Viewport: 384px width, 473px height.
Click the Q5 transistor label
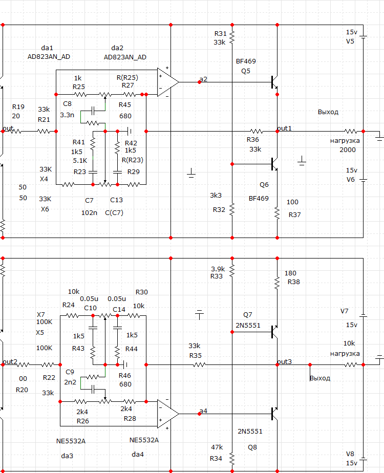pos(246,71)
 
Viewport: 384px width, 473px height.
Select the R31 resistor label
pos(220,33)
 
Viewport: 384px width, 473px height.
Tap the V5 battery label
pos(350,41)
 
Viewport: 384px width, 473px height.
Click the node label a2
pos(204,79)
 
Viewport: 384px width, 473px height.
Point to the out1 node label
pos(284,127)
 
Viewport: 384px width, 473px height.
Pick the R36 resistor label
pos(253,140)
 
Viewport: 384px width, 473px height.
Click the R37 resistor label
pos(294,214)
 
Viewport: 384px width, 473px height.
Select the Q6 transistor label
pos(264,184)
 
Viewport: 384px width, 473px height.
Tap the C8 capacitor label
pos(67,104)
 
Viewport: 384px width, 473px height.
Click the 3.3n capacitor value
pos(67,115)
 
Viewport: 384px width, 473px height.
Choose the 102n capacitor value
pos(89,212)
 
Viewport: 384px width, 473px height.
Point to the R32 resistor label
pos(219,209)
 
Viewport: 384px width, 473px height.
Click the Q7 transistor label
pos(248,314)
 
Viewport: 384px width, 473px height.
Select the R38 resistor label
pos(294,282)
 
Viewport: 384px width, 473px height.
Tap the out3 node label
pos(284,361)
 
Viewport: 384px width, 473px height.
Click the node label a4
pos(204,411)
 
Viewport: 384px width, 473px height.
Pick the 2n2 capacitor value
pos(70,382)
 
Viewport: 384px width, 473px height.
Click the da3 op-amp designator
pos(67,455)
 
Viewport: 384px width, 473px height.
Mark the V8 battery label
pos(350,454)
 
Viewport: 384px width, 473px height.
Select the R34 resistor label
pos(216,458)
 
